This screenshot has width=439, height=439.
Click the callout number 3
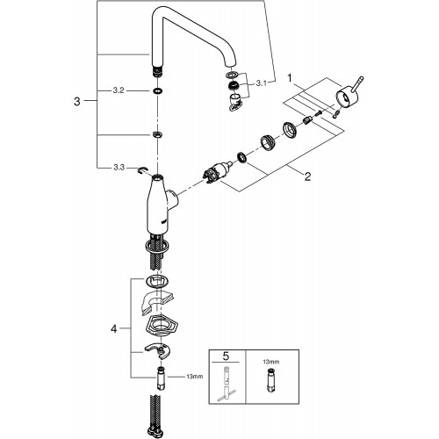(77, 102)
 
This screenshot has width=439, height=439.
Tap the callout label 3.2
(119, 90)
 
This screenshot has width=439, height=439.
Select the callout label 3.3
(119, 168)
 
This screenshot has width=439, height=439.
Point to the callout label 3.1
(262, 83)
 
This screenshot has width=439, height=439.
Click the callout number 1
(290, 78)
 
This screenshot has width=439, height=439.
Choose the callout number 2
(307, 176)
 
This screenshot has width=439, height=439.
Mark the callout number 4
(113, 328)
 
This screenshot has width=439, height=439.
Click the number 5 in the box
(226, 356)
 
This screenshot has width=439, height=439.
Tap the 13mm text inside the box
(271, 362)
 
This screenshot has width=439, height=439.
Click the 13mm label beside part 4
(195, 377)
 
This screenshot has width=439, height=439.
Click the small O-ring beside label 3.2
(157, 90)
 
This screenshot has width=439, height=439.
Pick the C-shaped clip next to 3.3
(142, 169)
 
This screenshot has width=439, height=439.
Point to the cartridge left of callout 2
(217, 173)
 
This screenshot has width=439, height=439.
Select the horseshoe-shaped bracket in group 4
(158, 350)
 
